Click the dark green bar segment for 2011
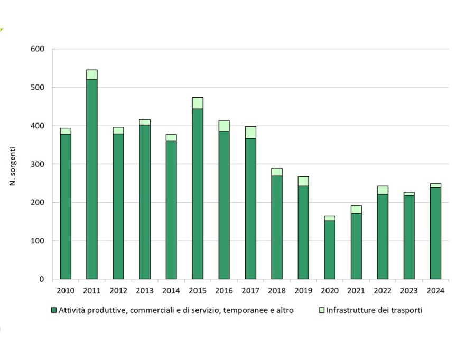92,179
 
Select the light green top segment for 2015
198,103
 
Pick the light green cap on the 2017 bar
250,132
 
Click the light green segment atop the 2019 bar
303,181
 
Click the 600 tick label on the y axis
38,49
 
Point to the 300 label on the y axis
38,164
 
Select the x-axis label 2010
66,291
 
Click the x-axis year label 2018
277,291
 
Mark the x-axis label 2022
383,291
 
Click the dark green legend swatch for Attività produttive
53,310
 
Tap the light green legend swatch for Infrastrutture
322,310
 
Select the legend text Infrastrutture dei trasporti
374,310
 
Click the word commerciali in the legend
154,310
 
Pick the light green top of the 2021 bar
356,209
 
